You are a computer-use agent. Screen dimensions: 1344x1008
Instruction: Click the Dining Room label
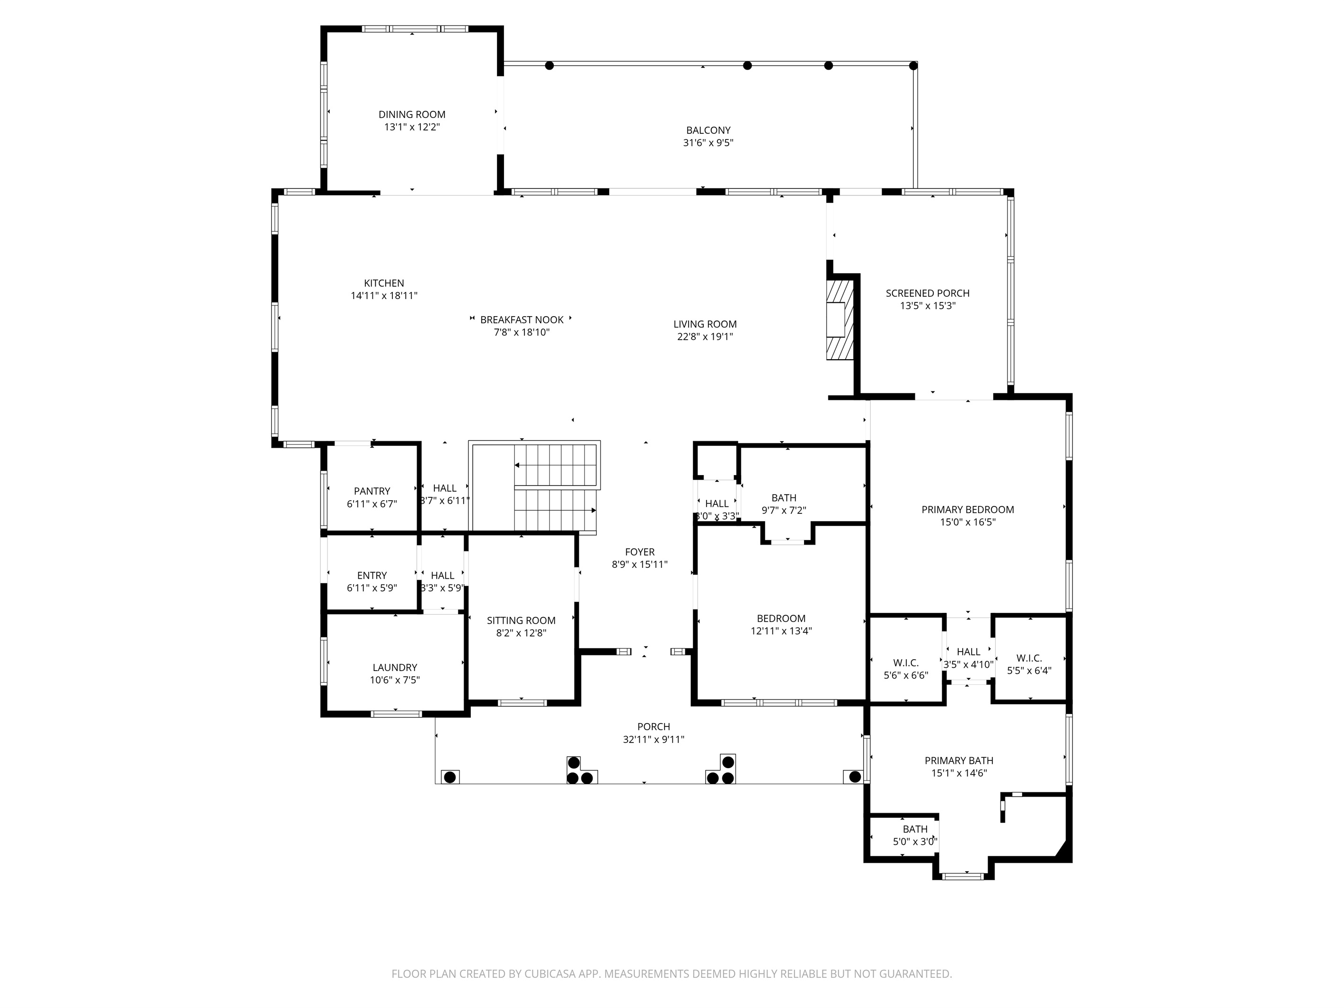tap(412, 114)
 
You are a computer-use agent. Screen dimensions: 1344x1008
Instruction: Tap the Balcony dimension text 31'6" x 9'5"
tap(708, 143)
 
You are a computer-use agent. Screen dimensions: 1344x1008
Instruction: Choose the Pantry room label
tap(372, 491)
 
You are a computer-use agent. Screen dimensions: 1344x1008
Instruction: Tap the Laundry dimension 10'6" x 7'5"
tap(395, 680)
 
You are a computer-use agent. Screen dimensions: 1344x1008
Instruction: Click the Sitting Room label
tap(522, 620)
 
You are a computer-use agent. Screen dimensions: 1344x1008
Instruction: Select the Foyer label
tap(640, 552)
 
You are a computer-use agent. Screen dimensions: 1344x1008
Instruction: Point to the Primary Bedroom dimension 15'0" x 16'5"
tap(968, 522)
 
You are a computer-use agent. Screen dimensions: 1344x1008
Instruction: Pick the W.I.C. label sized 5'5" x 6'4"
tap(1029, 658)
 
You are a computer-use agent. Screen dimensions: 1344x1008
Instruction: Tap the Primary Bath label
tap(959, 760)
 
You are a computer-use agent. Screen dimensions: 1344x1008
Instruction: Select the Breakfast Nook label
tap(522, 319)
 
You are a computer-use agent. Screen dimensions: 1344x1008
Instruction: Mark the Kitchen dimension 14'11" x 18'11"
tap(384, 296)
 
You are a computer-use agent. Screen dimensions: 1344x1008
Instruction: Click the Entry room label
tap(372, 575)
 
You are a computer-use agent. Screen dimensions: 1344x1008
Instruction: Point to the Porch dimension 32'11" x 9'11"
tap(654, 740)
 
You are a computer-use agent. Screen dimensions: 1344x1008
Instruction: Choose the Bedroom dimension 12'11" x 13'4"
tap(781, 631)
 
